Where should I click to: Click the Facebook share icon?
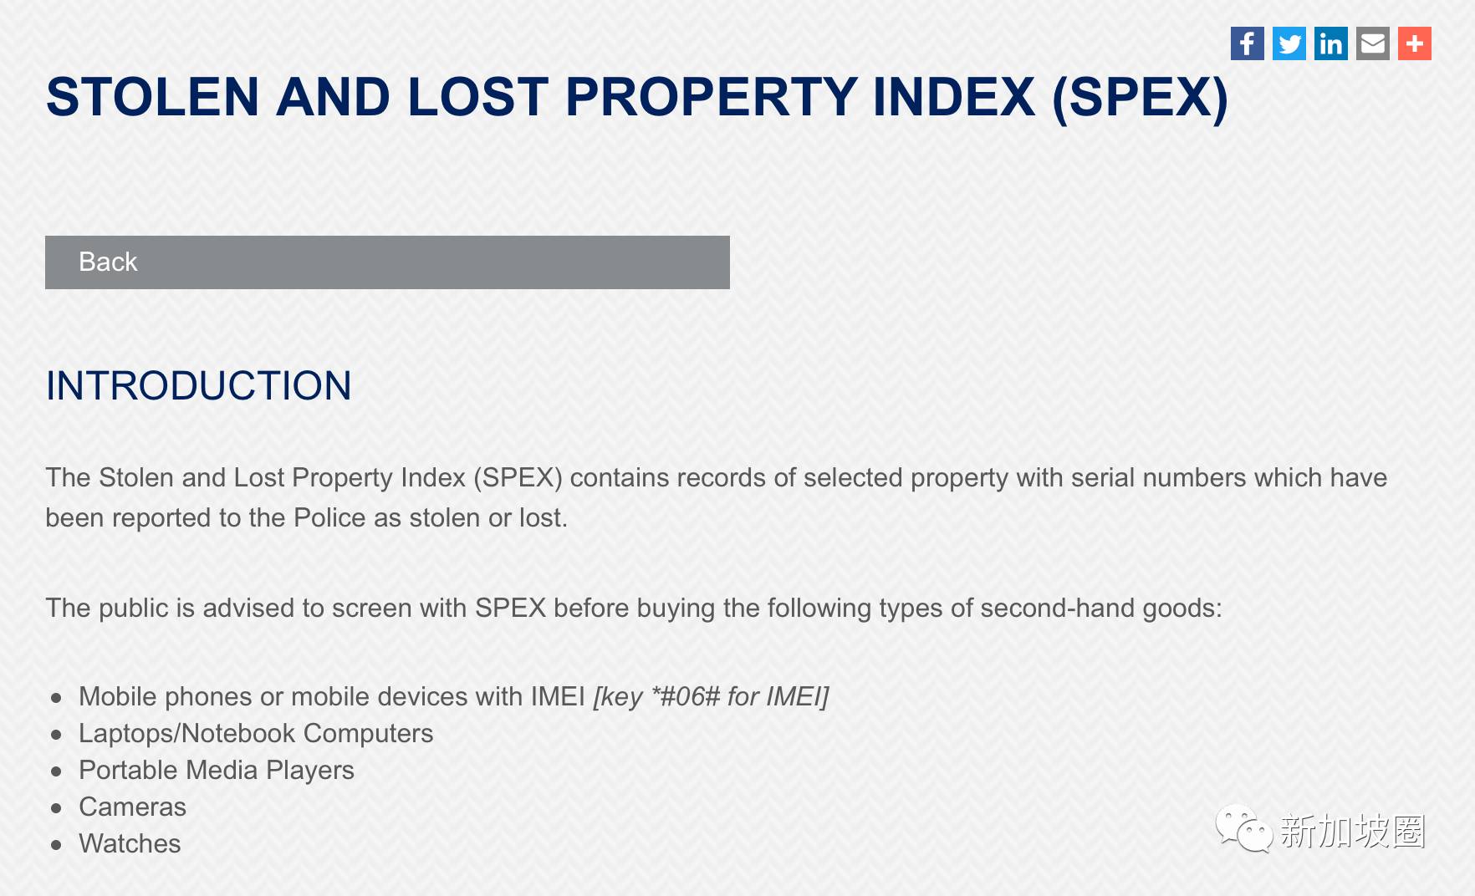[x=1247, y=43]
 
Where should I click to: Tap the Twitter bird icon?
[x=1289, y=43]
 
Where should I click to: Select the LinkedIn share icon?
[x=1330, y=43]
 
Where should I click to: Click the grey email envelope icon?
[x=1372, y=43]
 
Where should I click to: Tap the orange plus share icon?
[x=1414, y=43]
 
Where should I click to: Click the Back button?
[x=387, y=262]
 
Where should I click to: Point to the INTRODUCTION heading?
[x=199, y=386]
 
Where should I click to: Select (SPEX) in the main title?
[x=1140, y=99]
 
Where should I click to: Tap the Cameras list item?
[x=132, y=807]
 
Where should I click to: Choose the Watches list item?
[x=130, y=843]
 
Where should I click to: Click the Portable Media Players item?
[x=217, y=771]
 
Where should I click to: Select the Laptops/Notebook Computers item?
[x=256, y=733]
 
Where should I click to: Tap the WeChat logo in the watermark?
[x=1243, y=828]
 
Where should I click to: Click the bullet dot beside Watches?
[x=56, y=845]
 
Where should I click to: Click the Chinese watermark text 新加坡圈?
[x=1352, y=831]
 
